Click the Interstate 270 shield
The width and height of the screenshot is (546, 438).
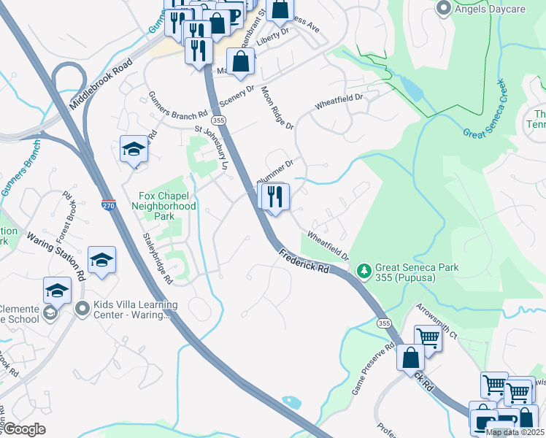[108, 205]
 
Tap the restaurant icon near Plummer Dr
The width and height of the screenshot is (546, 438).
[275, 196]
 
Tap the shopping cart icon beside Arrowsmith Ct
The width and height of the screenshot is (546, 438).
[428, 337]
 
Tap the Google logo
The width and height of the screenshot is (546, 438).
[24, 430]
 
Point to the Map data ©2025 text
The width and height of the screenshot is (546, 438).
[515, 432]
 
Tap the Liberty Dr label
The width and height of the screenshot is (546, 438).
[272, 37]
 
